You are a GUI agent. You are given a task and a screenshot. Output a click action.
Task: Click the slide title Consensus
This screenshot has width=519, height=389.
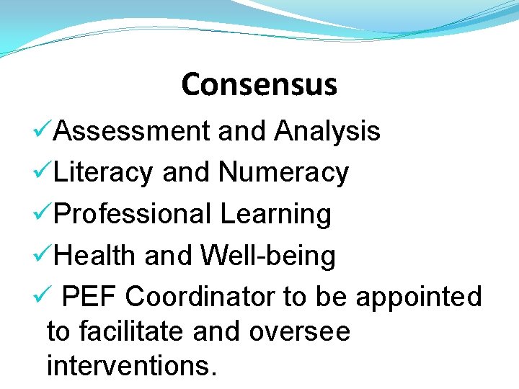click(259, 84)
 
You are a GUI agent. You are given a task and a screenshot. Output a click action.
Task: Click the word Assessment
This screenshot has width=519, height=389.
click(132, 131)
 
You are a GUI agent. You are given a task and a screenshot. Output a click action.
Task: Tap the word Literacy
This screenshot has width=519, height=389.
click(103, 173)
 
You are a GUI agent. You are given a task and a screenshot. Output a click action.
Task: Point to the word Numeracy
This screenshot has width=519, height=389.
click(283, 173)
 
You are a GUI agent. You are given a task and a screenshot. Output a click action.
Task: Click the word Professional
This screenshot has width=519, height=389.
click(133, 214)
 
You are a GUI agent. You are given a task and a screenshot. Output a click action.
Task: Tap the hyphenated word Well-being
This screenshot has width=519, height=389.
click(267, 255)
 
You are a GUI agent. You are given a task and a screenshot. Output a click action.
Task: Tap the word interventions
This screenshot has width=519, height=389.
click(131, 366)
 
